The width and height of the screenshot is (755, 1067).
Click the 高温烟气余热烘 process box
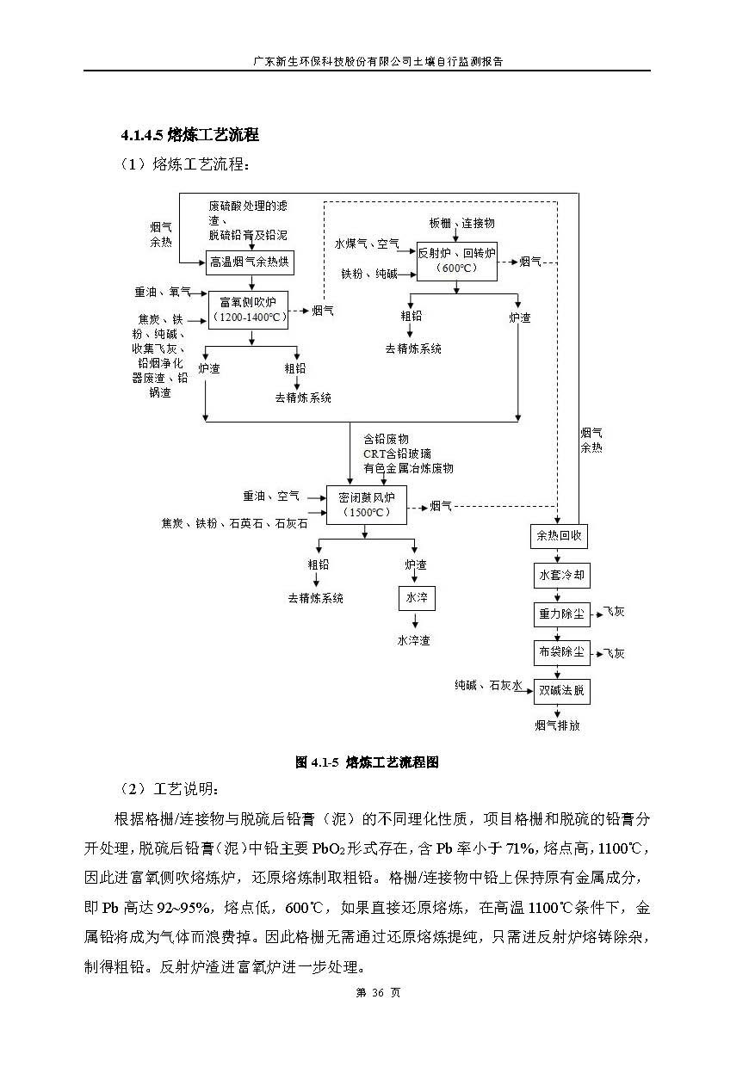tap(251, 262)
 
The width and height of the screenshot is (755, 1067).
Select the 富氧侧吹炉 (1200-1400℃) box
tap(249, 309)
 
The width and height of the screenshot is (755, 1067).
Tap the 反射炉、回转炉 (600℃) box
tap(456, 260)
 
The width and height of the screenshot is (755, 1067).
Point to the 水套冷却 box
tap(560, 575)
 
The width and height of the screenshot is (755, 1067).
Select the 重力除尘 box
tap(560, 614)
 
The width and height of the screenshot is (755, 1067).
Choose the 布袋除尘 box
tap(560, 652)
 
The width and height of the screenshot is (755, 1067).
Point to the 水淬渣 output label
tap(414, 640)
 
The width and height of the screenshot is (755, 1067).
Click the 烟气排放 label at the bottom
tap(558, 725)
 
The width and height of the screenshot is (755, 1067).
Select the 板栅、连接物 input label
tap(462, 223)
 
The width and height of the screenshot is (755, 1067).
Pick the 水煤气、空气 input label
tap(366, 244)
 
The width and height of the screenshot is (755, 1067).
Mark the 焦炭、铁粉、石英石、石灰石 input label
tap(233, 522)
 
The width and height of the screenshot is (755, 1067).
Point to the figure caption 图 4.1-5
tap(368, 762)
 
